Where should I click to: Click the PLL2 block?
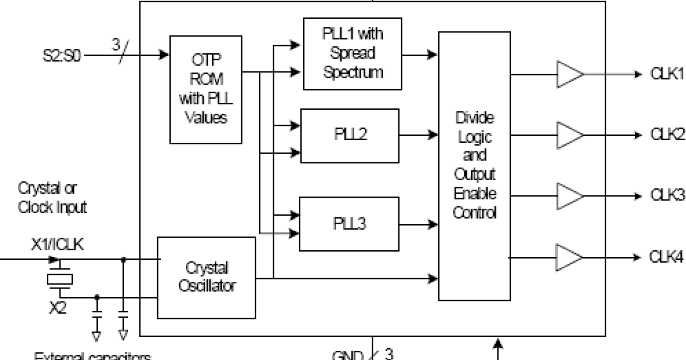pyautogui.click(x=350, y=135)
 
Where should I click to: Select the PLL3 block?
pyautogui.click(x=350, y=223)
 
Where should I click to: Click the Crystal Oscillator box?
pyautogui.click(x=206, y=277)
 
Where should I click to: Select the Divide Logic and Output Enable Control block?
pyautogui.click(x=474, y=166)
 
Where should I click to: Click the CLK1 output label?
pyautogui.click(x=667, y=75)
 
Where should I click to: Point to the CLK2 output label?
pyautogui.click(x=667, y=135)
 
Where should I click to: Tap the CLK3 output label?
pyautogui.click(x=667, y=195)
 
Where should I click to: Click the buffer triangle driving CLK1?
pyautogui.click(x=569, y=75)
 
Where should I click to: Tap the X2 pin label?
pyautogui.click(x=57, y=309)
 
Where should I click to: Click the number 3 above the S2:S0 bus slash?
pyautogui.click(x=116, y=43)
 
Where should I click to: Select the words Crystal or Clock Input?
pyautogui.click(x=53, y=197)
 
